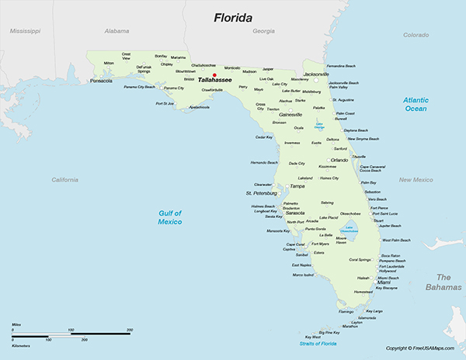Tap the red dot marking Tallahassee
click(x=203, y=75)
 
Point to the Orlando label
click(x=340, y=160)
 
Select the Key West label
click(x=312, y=337)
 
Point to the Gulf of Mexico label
click(x=166, y=217)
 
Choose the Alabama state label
click(x=116, y=31)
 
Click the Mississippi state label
click(x=25, y=31)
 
